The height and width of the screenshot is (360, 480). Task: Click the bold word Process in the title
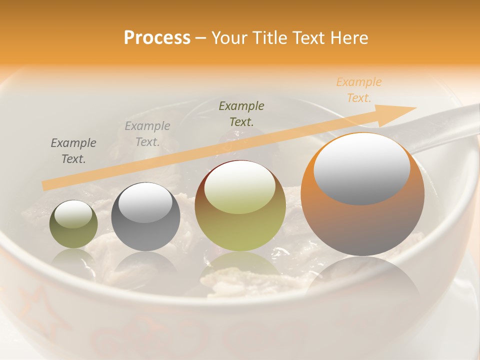[157, 38]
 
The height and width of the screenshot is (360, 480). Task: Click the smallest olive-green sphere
[73, 224]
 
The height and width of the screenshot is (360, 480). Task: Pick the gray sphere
[145, 216]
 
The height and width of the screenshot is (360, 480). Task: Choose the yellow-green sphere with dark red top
[240, 205]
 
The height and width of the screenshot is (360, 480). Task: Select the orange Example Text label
[358, 90]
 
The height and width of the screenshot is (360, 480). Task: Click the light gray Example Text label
[147, 134]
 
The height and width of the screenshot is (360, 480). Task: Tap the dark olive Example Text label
[241, 113]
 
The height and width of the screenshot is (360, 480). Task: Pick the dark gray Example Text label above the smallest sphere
[73, 151]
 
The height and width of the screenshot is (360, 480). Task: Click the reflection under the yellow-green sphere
[240, 272]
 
